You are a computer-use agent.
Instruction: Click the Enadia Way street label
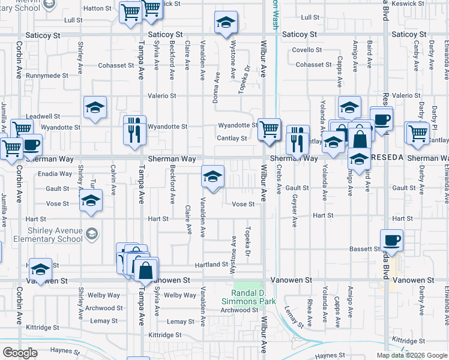pos(54,174)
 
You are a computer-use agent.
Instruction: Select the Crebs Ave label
pos(279,180)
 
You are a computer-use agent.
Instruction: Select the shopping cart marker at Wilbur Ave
pos(270,128)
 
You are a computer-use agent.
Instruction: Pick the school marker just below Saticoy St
pos(226,23)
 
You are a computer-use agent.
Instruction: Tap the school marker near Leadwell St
pos(94,108)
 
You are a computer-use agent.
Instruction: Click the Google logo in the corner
pos(20,353)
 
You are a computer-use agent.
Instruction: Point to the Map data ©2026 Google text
pos(412,355)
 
